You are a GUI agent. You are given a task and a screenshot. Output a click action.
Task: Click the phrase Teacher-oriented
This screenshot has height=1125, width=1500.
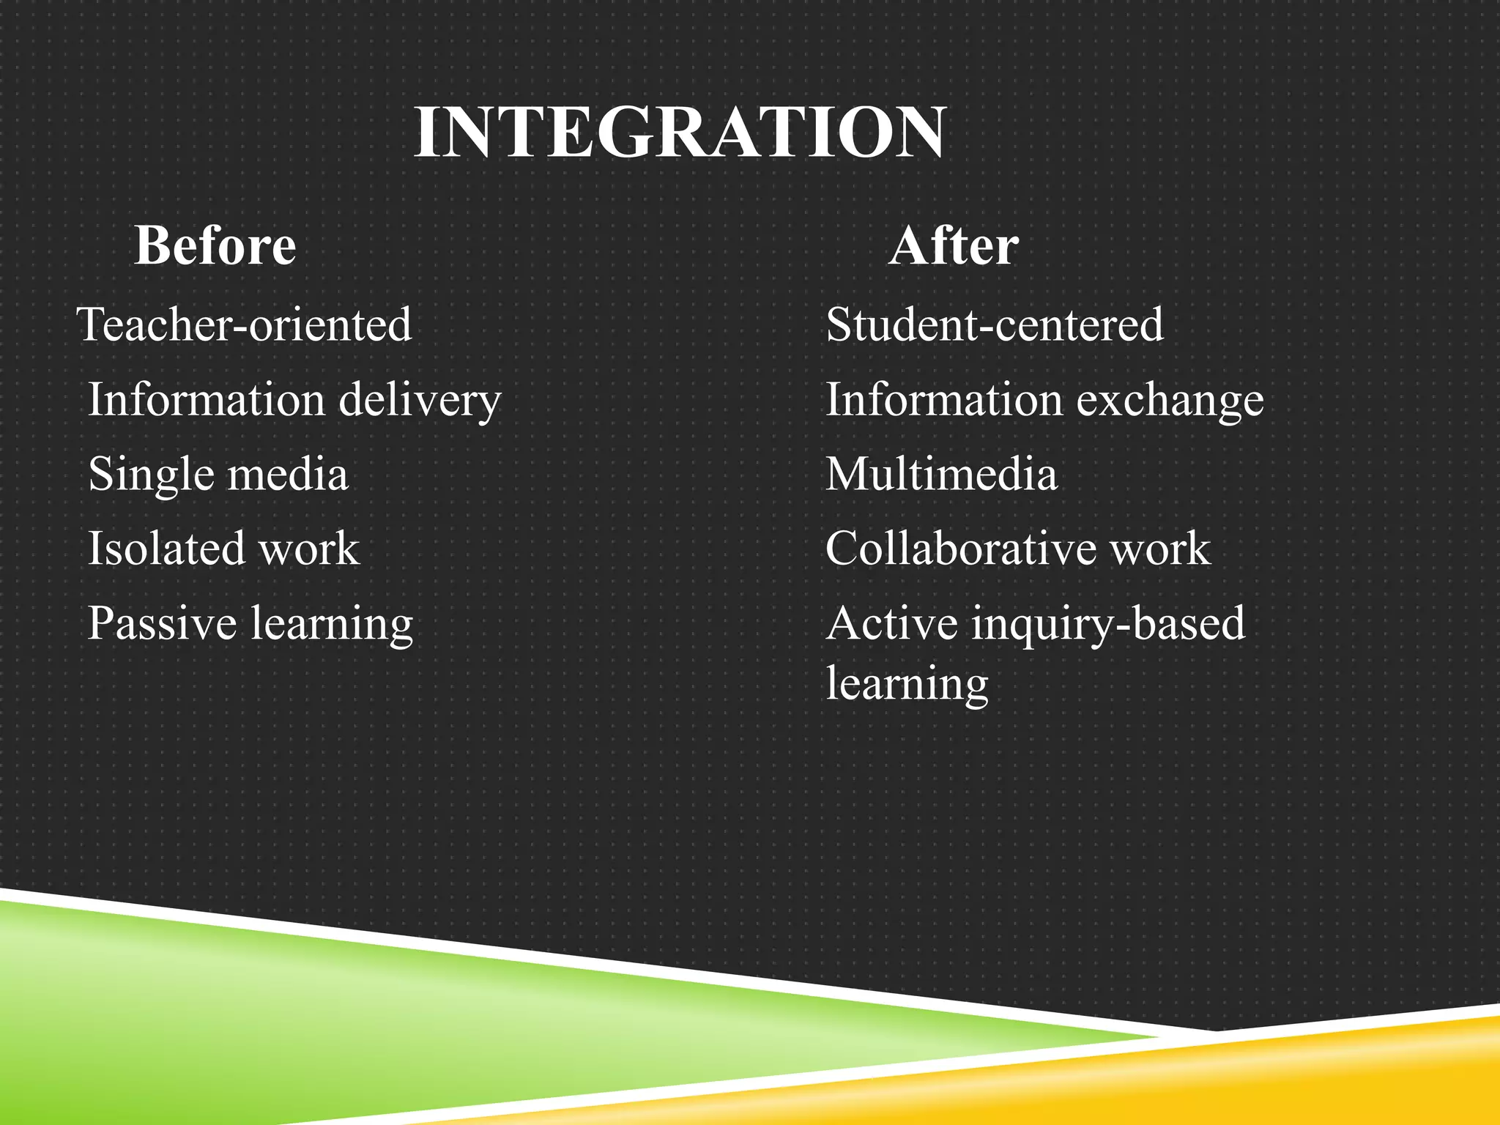click(x=245, y=324)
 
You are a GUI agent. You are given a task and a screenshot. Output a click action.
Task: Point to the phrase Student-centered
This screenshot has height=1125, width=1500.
click(x=995, y=324)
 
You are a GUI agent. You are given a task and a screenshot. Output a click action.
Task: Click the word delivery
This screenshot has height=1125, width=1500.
click(x=420, y=401)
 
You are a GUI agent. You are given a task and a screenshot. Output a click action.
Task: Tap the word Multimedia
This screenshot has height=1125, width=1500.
click(x=942, y=473)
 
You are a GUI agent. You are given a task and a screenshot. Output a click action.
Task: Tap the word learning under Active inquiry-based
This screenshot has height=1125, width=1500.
click(x=907, y=684)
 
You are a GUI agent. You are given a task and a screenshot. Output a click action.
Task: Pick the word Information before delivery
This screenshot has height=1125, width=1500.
click(x=207, y=399)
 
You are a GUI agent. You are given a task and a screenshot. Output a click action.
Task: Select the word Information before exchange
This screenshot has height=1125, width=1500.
click(x=945, y=399)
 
